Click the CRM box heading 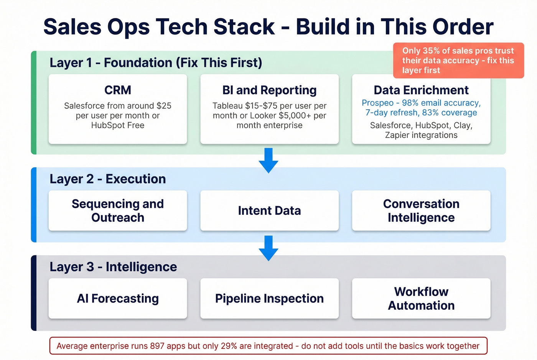(x=118, y=90)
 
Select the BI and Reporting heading (x=269, y=90)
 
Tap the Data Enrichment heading (x=421, y=90)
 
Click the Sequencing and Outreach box (x=118, y=210)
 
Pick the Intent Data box (x=269, y=210)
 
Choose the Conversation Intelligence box (x=421, y=210)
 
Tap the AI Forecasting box (x=118, y=298)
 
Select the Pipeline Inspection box (x=269, y=298)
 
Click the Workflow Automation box (x=421, y=298)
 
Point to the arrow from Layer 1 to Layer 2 (x=268, y=160)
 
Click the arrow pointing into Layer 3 (x=268, y=248)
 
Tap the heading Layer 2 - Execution (x=108, y=179)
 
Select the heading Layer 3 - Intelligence (x=113, y=267)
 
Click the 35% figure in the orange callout (x=431, y=51)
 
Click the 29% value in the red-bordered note (x=229, y=346)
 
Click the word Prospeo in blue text (x=377, y=103)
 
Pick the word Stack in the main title (x=244, y=27)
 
